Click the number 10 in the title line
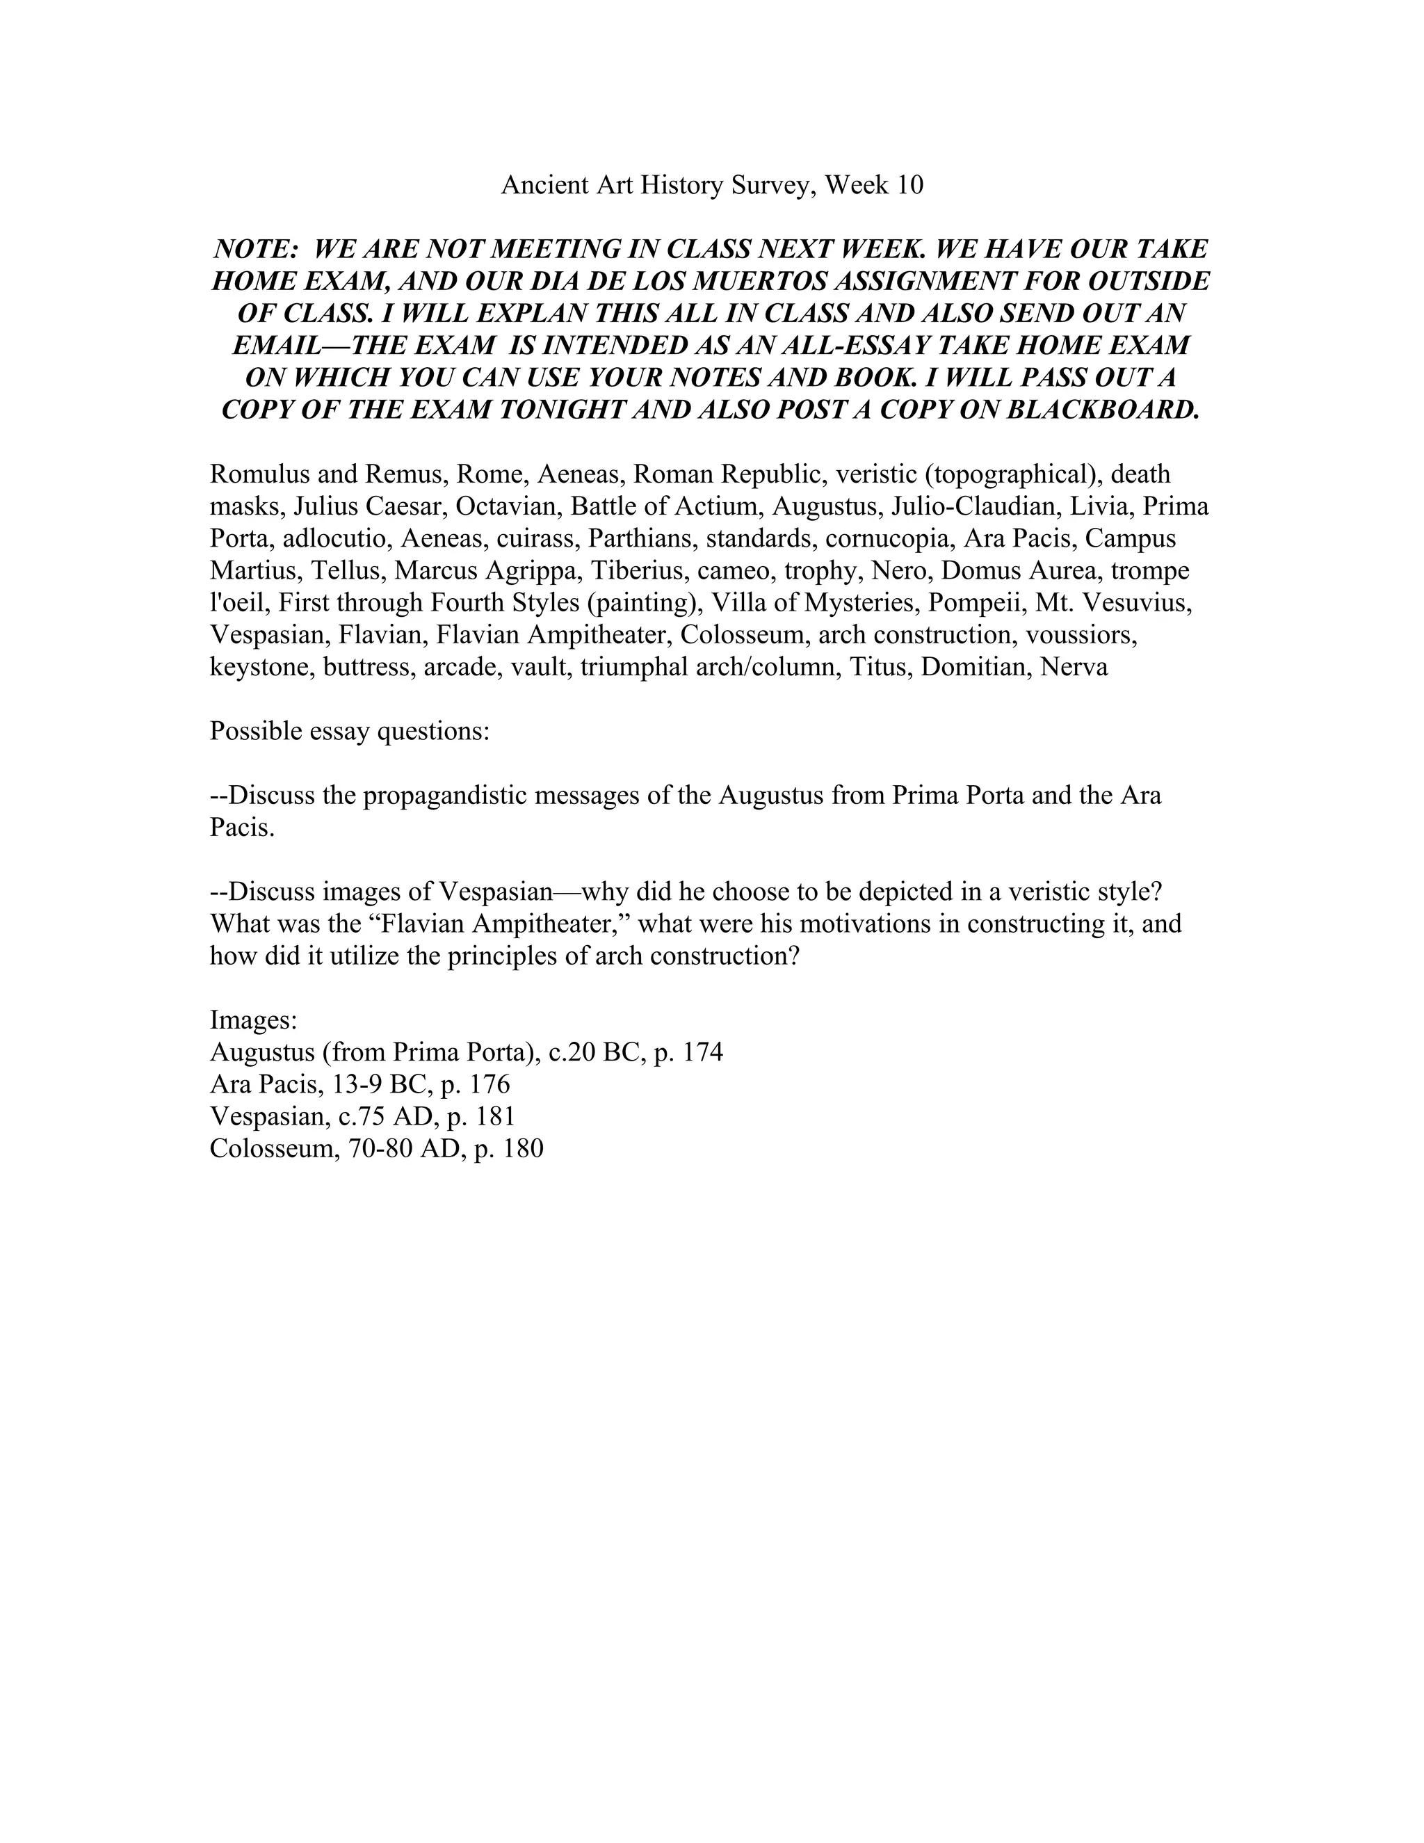click(x=909, y=185)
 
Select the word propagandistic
click(x=442, y=796)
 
